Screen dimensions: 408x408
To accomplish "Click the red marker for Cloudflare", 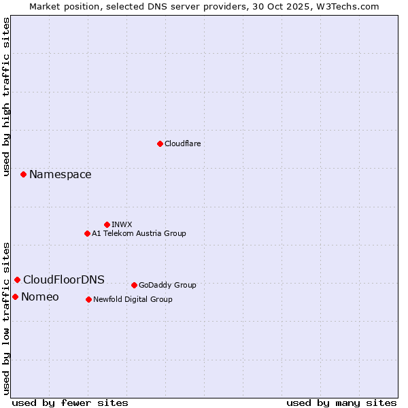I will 160,143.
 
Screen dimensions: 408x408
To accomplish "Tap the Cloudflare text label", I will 182,144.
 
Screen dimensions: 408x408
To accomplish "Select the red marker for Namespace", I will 23,175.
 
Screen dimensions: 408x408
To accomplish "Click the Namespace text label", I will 60,175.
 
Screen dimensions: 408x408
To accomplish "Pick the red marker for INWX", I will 107,224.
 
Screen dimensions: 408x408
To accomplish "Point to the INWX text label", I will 122,225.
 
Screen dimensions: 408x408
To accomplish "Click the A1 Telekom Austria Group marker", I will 87,233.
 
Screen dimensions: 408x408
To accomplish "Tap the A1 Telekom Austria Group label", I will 139,234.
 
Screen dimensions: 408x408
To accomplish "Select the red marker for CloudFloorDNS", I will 17,279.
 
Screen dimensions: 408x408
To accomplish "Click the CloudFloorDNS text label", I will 64,280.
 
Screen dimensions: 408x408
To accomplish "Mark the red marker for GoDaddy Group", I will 134,285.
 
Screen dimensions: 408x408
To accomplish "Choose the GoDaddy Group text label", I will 167,286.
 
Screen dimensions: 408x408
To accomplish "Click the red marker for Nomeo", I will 15,296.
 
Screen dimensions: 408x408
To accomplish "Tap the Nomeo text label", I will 40,297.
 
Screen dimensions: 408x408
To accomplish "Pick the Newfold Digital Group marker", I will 88,299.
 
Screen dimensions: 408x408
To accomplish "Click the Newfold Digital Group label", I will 133,300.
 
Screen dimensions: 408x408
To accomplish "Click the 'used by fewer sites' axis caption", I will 70,403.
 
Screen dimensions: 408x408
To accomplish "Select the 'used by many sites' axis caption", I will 341,403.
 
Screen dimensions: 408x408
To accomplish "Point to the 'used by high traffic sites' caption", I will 7,97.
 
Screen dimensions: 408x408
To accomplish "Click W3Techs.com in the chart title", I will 347,6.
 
